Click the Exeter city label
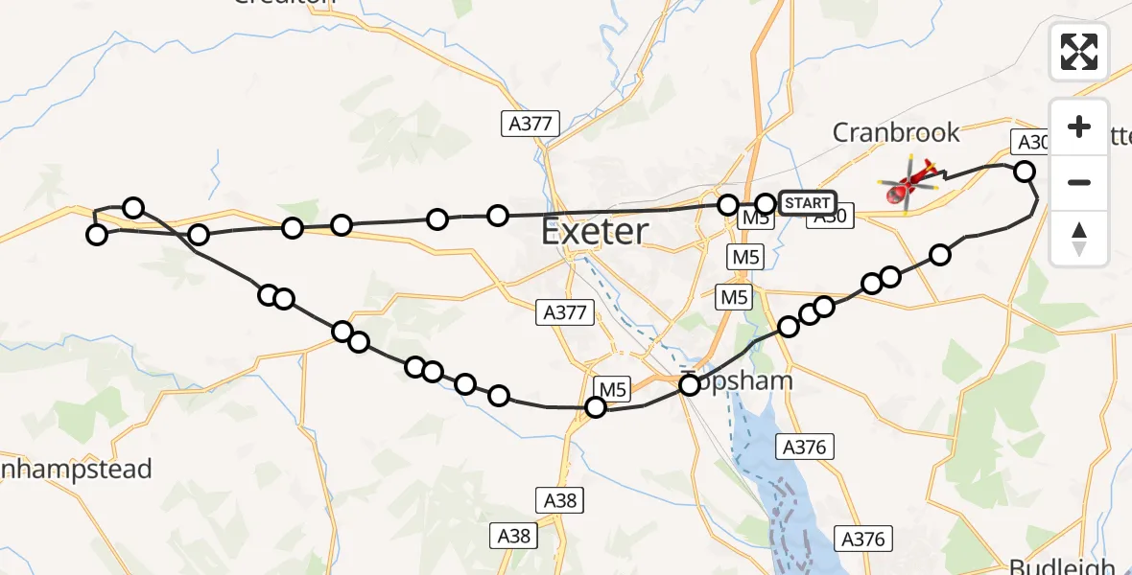[595, 231]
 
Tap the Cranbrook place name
[896, 131]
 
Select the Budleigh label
[1068, 565]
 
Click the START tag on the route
[807, 203]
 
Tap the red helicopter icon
[908, 183]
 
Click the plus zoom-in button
[1079, 126]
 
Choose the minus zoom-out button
[1079, 182]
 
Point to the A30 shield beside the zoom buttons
[1031, 143]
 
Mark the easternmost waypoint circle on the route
[1025, 172]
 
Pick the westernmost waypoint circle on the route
[97, 234]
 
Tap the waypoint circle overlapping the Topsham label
[690, 385]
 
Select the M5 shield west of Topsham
[613, 388]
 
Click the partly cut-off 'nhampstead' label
[77, 470]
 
